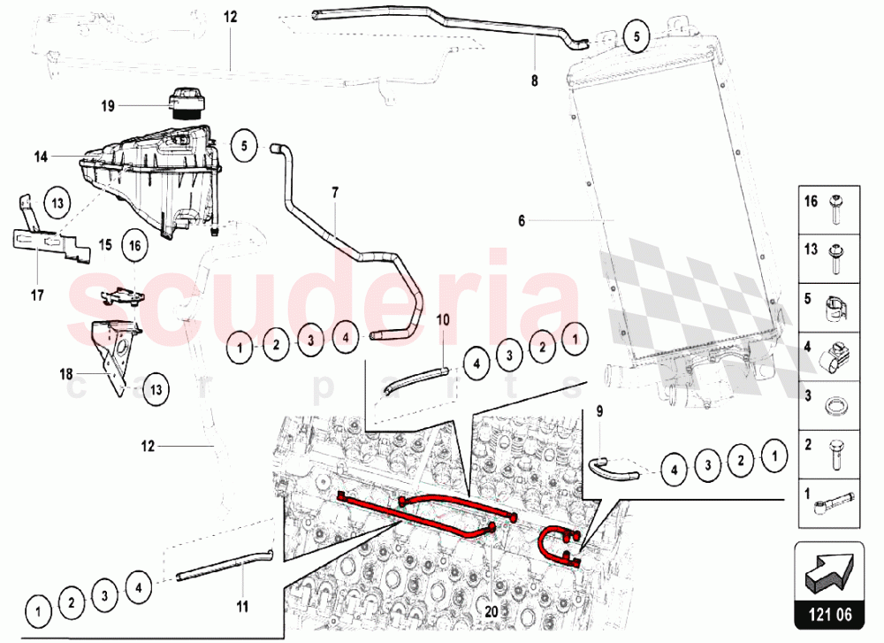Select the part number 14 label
point(41,157)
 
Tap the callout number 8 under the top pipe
point(535,80)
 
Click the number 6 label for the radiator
point(522,220)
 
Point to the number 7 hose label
point(335,193)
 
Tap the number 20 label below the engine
point(492,611)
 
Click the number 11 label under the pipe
point(242,607)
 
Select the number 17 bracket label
point(37,295)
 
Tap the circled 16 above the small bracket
point(134,245)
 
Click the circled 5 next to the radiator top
point(637,36)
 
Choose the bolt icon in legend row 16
point(834,210)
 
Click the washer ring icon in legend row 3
point(835,405)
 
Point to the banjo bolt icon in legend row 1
point(834,503)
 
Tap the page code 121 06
point(830,614)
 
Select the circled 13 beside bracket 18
point(156,389)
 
